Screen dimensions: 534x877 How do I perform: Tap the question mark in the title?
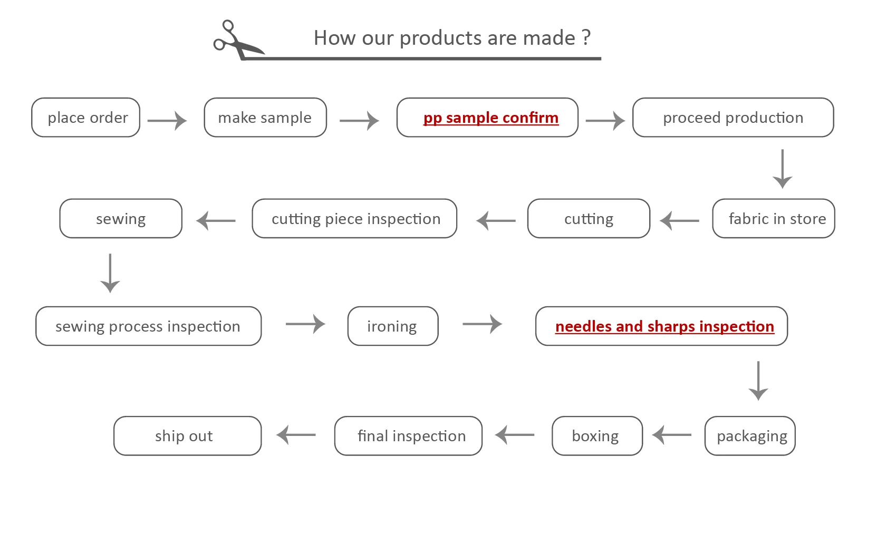point(586,38)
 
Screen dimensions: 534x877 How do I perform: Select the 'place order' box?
point(86,118)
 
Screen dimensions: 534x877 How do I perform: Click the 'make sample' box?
point(265,118)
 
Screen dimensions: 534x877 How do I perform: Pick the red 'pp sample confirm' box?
point(488,118)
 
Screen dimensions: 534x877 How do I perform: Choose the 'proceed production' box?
point(733,118)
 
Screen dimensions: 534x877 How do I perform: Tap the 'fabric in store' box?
point(774,219)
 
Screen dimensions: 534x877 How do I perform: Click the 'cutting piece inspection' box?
point(354,219)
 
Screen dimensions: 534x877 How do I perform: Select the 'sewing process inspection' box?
point(148,326)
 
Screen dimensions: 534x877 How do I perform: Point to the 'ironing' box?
point(393,326)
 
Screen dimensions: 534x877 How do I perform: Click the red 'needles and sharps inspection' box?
point(661,326)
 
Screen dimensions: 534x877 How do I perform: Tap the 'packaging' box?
point(750,436)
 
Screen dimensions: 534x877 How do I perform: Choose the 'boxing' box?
point(597,436)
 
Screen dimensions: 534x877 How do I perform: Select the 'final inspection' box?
point(408,436)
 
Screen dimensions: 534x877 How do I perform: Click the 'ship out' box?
point(187,436)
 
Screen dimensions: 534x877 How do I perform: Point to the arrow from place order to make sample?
point(167,121)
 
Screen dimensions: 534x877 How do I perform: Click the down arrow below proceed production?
point(782,169)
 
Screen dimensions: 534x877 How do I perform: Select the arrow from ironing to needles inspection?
point(482,324)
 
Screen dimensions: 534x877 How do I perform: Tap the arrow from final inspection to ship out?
point(296,435)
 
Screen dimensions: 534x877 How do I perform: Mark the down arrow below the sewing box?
point(110,273)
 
